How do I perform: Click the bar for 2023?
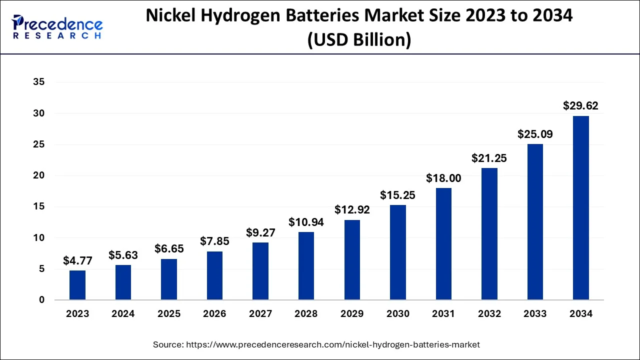click(x=77, y=285)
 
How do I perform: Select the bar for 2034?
click(x=580, y=208)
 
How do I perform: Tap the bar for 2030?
click(x=397, y=252)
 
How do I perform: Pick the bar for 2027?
click(x=260, y=271)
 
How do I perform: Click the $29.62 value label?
click(x=580, y=105)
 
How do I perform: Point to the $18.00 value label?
click(x=443, y=178)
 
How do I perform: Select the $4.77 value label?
click(x=77, y=260)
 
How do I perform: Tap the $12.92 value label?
click(x=352, y=210)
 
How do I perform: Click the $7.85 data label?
click(x=214, y=241)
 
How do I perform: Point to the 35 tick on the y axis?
click(x=38, y=82)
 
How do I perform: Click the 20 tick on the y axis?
click(x=38, y=175)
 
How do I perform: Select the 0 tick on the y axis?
click(x=41, y=300)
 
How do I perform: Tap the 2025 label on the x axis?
click(x=169, y=314)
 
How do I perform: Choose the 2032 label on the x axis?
click(x=489, y=314)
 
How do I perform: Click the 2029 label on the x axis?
click(x=352, y=314)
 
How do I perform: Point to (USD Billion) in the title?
click(x=359, y=40)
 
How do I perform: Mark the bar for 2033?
click(x=535, y=222)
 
